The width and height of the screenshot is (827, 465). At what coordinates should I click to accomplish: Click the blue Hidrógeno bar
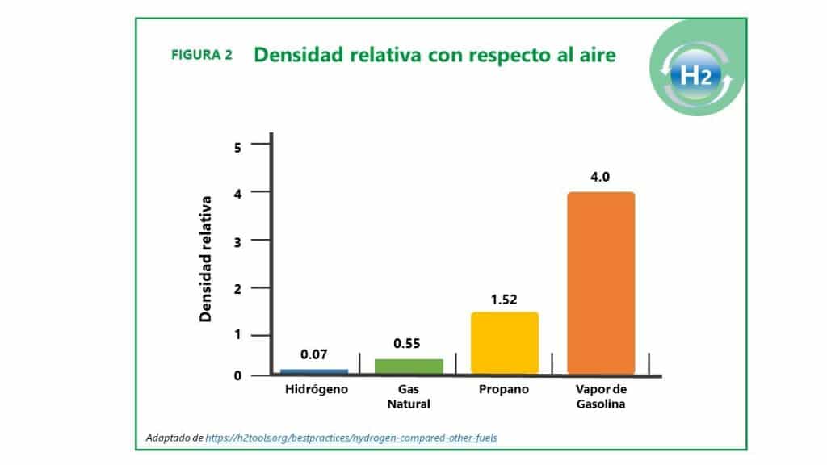pyautogui.click(x=314, y=371)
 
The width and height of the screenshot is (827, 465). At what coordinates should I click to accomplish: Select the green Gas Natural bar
pyautogui.click(x=409, y=367)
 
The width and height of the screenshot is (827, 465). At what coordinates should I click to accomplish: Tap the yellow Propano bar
pyautogui.click(x=505, y=343)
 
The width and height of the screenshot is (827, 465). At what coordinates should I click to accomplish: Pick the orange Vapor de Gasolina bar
pyautogui.click(x=601, y=283)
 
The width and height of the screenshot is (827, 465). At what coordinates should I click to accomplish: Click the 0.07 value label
pyautogui.click(x=314, y=354)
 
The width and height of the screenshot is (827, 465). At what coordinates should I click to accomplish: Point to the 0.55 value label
pyautogui.click(x=407, y=343)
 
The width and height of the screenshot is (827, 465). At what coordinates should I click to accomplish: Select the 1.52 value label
pyautogui.click(x=504, y=300)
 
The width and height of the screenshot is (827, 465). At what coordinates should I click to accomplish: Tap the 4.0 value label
pyautogui.click(x=600, y=177)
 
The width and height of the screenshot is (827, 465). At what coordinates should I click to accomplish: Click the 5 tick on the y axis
pyautogui.click(x=237, y=147)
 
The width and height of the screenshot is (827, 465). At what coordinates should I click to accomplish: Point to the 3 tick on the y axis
pyautogui.click(x=237, y=242)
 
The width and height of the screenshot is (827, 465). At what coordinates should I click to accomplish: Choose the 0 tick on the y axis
pyautogui.click(x=237, y=375)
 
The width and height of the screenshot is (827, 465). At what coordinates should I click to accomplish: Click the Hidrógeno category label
pyautogui.click(x=317, y=390)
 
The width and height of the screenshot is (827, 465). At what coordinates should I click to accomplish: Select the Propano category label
pyautogui.click(x=504, y=390)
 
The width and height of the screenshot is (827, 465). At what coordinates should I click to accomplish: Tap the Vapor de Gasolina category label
pyautogui.click(x=601, y=396)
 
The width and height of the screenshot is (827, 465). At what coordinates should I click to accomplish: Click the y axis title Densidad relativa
pyautogui.click(x=205, y=259)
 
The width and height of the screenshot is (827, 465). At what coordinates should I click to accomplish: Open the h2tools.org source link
pyautogui.click(x=351, y=438)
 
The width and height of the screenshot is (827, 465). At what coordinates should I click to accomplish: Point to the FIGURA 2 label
pyautogui.click(x=201, y=55)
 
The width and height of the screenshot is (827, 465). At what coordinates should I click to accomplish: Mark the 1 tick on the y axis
pyautogui.click(x=237, y=334)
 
